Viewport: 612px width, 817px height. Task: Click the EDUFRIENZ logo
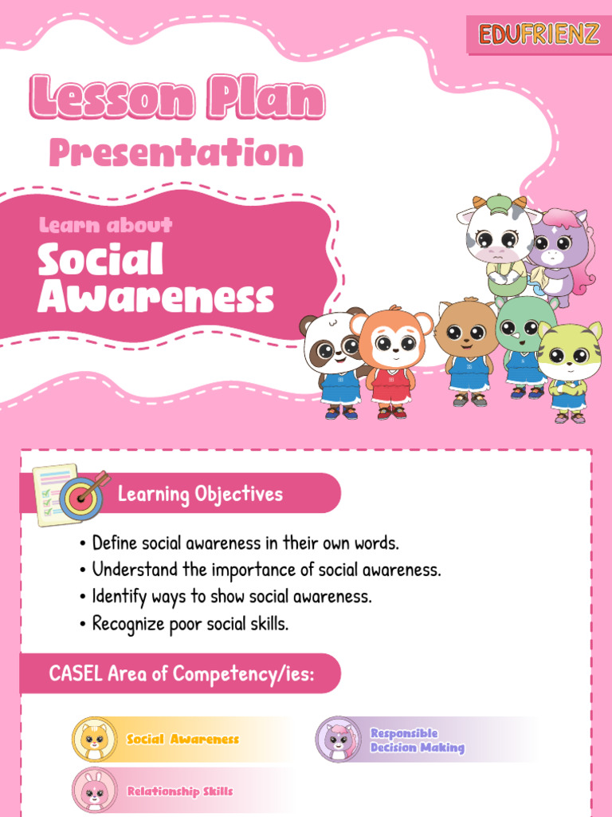coord(539,35)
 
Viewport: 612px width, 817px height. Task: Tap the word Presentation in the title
coord(176,153)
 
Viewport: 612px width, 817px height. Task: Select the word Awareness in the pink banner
coord(156,298)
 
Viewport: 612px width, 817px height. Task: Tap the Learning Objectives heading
coord(200,494)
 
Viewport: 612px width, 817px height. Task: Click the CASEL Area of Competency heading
coord(182,673)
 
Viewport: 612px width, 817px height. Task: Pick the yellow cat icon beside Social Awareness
coord(95,739)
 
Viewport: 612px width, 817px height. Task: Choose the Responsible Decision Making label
coord(416,740)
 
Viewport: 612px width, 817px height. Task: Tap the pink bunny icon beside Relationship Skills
coord(95,791)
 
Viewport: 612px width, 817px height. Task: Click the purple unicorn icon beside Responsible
coord(339,739)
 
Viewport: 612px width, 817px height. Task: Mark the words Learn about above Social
coord(106,226)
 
